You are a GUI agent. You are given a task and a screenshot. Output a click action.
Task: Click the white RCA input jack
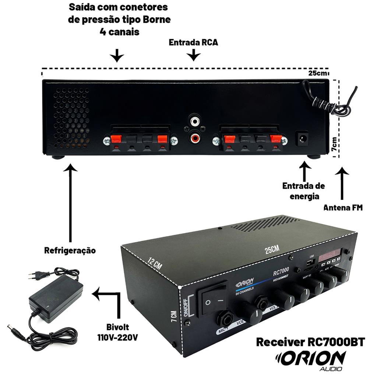point(195,120)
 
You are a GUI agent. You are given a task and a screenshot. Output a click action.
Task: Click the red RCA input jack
point(195,138)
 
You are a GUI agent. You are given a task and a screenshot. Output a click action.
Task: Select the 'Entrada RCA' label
point(193,42)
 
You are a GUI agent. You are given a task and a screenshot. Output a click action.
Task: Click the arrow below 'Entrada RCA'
point(193,56)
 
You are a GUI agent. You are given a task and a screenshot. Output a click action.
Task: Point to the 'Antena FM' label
point(343,208)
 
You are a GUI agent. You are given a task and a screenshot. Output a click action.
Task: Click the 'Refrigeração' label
point(70,251)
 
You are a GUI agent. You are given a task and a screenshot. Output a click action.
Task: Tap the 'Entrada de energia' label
point(304,191)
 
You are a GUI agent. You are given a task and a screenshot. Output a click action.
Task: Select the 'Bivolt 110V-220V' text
point(117,332)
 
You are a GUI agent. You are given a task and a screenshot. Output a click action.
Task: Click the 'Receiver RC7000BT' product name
point(310,342)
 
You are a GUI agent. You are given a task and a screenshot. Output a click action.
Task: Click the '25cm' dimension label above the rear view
point(318,73)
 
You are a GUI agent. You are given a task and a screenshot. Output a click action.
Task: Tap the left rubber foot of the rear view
point(58,157)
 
